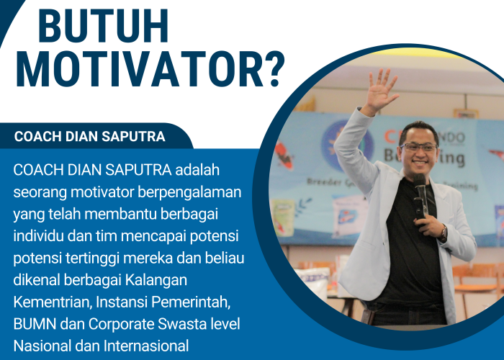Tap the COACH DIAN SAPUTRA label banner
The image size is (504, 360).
pyautogui.click(x=90, y=136)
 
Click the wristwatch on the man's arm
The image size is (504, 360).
pyautogui.click(x=444, y=232)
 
